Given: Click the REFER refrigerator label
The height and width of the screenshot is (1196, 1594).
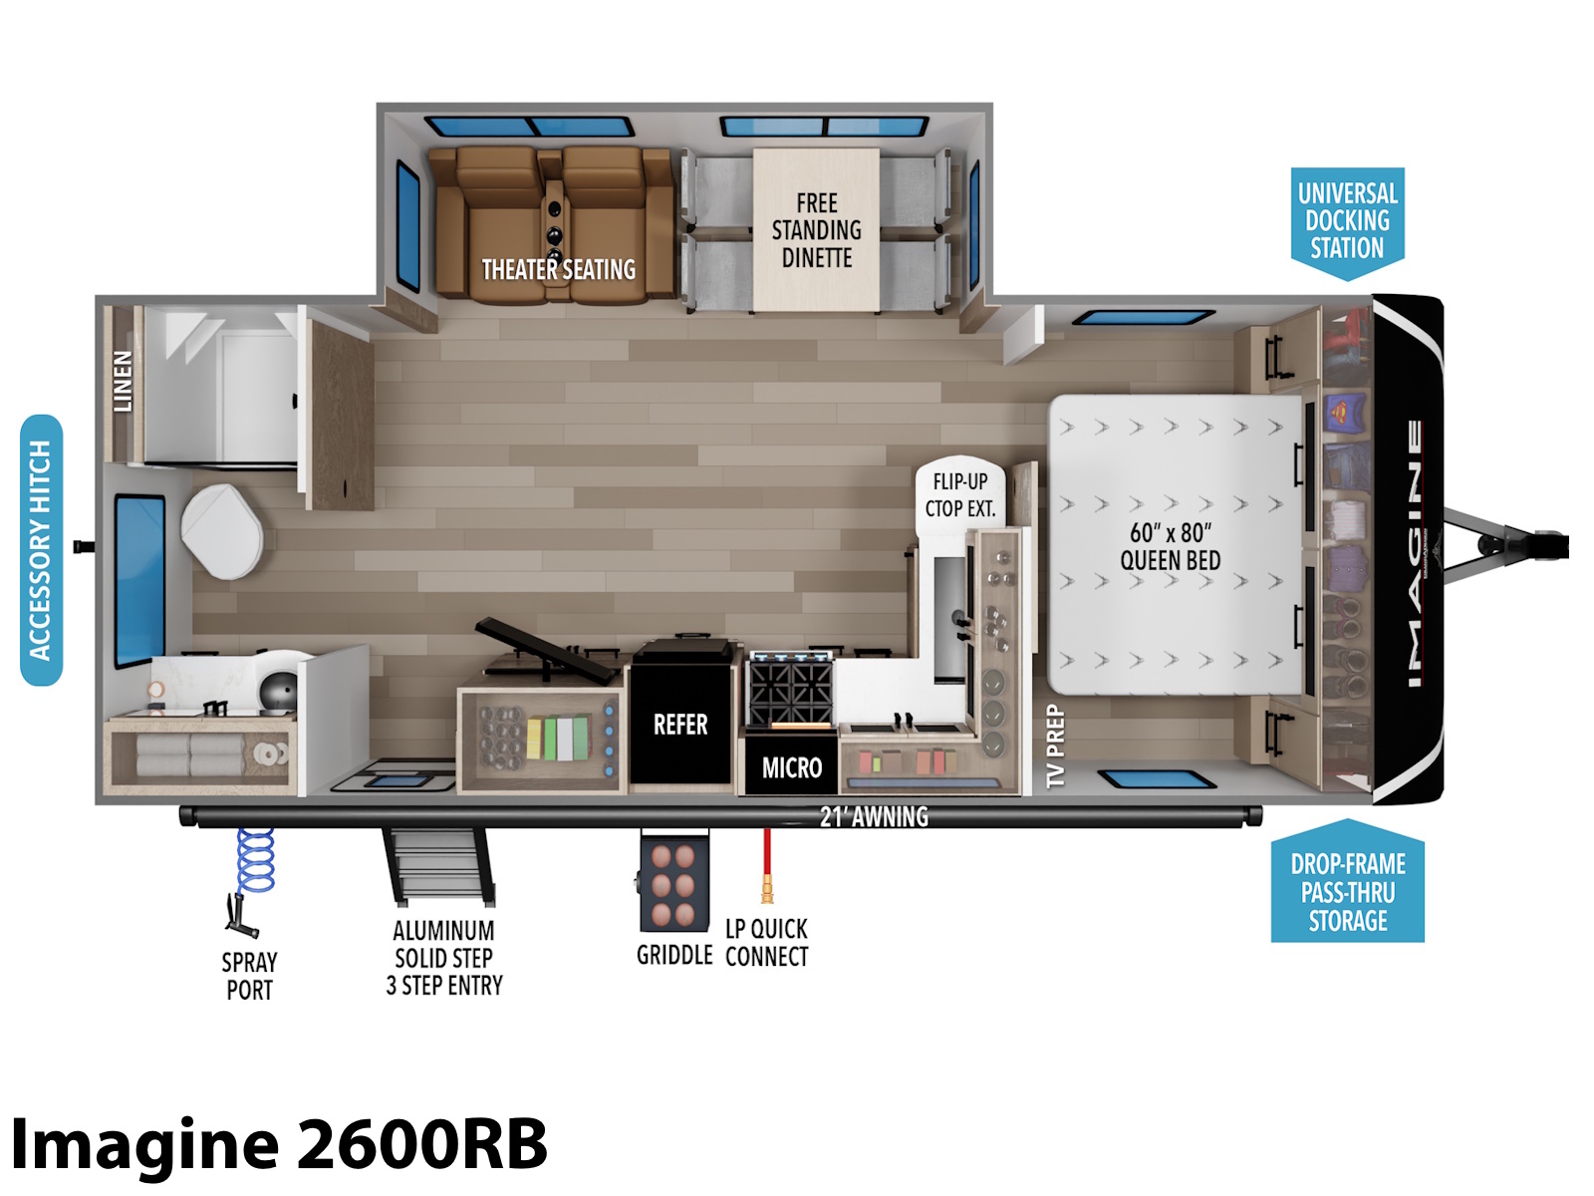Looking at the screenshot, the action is (680, 725).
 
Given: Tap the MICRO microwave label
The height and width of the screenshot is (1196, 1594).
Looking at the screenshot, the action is (792, 767).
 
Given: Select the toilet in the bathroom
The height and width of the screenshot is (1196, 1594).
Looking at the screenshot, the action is (222, 531).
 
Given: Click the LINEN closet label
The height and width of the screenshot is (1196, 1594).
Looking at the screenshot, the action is (123, 382).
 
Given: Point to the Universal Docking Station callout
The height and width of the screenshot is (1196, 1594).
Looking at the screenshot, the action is (1347, 223).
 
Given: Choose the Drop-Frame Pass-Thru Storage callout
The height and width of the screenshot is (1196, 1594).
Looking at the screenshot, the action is (1347, 882).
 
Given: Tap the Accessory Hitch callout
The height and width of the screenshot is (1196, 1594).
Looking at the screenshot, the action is (41, 550).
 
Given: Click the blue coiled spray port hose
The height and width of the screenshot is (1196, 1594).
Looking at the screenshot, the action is (256, 861).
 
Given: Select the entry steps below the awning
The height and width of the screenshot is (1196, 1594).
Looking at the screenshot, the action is (439, 866).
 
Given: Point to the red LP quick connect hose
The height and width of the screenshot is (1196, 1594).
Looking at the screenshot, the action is (766, 865).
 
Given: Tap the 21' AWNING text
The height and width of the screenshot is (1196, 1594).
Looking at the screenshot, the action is (874, 817).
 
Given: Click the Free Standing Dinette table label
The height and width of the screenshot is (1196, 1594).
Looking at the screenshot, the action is (816, 230).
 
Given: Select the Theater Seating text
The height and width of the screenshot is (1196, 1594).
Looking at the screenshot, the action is (559, 270).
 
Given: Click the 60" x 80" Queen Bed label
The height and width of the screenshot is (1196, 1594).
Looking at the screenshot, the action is (1170, 547).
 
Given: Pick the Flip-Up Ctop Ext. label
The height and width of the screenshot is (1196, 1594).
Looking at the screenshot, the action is (960, 495).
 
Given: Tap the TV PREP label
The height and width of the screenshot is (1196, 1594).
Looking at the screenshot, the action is (1055, 746).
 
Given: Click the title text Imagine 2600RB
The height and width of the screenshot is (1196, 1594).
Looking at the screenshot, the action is (279, 1144).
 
